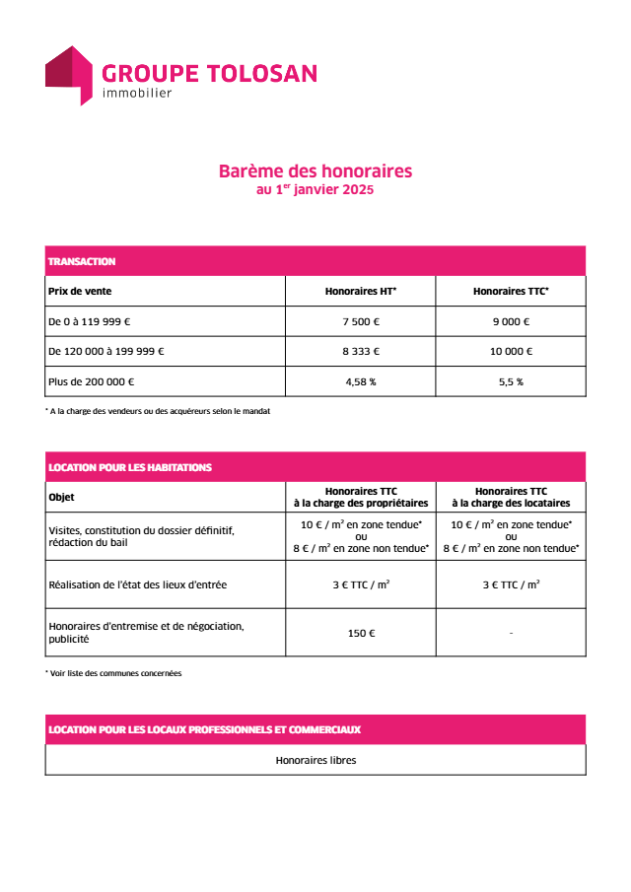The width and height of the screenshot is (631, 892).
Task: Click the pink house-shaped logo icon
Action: (x=68, y=74)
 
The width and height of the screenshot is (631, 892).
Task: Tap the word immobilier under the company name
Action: (x=137, y=94)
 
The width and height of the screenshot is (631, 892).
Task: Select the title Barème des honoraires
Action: (x=315, y=172)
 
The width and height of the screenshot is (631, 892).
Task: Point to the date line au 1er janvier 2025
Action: (x=315, y=189)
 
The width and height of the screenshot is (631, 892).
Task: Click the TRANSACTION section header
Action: (x=82, y=261)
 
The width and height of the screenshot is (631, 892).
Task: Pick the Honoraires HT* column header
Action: (x=361, y=292)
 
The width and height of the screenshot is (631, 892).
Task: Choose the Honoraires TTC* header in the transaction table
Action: (x=511, y=292)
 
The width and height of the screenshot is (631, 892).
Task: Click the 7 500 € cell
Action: (x=361, y=321)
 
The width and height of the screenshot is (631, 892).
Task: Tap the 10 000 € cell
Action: (x=511, y=351)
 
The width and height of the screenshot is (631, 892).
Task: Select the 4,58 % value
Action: (x=361, y=381)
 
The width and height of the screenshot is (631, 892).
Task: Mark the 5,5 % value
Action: (x=511, y=381)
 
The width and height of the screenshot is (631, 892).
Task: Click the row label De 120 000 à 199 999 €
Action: (x=106, y=351)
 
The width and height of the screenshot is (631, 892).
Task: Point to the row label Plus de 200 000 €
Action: (x=92, y=381)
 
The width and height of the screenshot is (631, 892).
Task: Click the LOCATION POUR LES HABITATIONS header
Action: (x=130, y=467)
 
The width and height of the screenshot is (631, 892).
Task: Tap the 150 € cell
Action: (x=361, y=633)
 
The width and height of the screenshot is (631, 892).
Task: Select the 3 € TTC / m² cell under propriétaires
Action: (x=361, y=584)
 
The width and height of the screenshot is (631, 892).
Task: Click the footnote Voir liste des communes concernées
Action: (x=115, y=673)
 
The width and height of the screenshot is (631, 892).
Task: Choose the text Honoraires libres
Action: (x=315, y=760)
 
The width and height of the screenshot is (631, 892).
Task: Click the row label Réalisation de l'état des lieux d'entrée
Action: (x=137, y=584)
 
